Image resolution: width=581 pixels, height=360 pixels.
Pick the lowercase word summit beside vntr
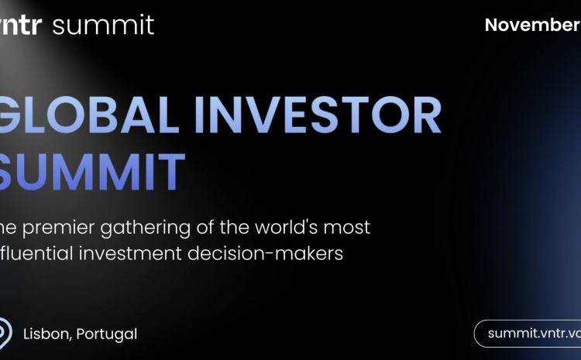pos(103,25)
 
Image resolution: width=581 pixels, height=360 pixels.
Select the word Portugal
pos(108,334)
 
